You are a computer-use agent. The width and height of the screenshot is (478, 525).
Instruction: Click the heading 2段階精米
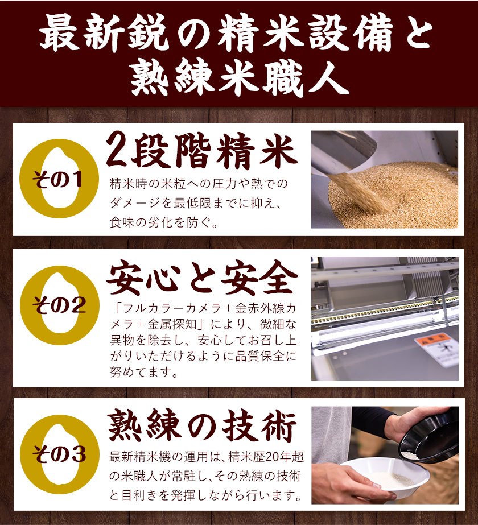[201, 151]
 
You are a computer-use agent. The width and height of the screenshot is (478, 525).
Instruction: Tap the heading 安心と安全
[201, 278]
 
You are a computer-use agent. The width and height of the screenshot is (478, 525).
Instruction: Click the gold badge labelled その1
[59, 179]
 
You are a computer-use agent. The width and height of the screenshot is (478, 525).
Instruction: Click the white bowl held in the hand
[385, 476]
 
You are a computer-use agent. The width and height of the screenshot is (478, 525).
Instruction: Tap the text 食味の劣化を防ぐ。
[164, 222]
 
